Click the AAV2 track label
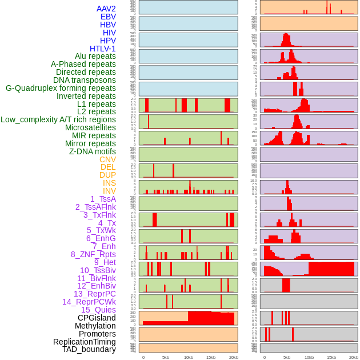tap(106, 9)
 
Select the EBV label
tap(107, 17)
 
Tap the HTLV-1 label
tap(102, 49)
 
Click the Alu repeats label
tap(95, 56)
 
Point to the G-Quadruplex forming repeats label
tap(61, 88)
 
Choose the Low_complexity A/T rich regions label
tap(58, 119)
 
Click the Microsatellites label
tap(90, 127)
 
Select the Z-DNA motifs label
tap(92, 151)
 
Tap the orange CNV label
tap(107, 159)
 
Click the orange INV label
tap(109, 191)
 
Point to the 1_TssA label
tap(103, 199)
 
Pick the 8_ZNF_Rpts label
tap(93, 254)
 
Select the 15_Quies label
tap(98, 310)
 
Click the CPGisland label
tap(97, 318)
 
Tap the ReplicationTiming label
tap(84, 342)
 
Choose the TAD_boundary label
tap(89, 349)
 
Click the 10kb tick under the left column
tap(188, 357)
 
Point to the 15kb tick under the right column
tap(331, 357)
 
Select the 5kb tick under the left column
tap(166, 357)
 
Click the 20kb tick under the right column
tap(354, 357)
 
